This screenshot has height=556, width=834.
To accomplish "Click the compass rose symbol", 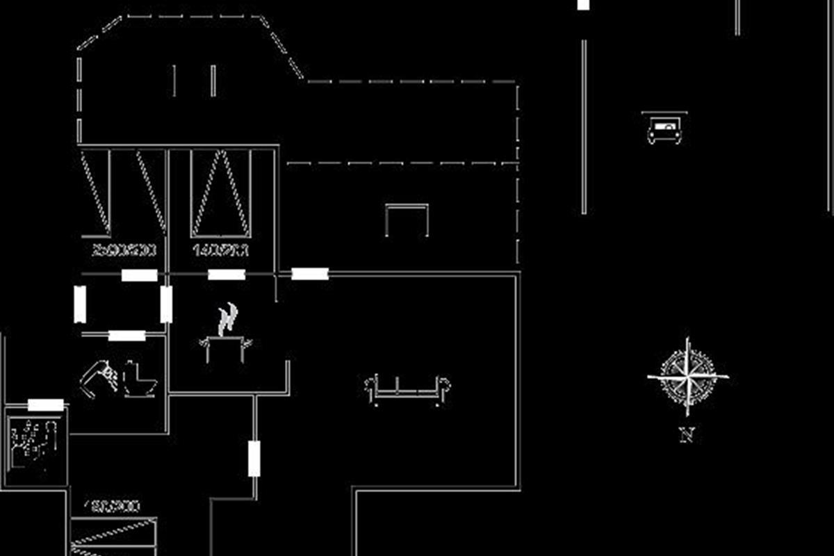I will [687, 377].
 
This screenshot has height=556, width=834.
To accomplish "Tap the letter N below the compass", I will [687, 436].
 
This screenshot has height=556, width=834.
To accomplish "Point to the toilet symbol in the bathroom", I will [139, 379].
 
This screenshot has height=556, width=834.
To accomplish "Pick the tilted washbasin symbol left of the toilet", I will [99, 378].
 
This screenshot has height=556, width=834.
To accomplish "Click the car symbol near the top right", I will [664, 129].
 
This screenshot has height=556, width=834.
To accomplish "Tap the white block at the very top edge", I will [583, 5].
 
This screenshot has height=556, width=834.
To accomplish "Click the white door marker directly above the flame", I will [227, 275].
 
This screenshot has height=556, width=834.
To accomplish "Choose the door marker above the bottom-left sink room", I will [46, 405].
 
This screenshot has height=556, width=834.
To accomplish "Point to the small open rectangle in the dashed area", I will [407, 220].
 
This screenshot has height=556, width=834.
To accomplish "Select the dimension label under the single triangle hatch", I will [221, 250].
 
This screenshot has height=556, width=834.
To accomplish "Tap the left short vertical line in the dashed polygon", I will [174, 81].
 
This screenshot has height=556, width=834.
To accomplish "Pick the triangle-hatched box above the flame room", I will [221, 193].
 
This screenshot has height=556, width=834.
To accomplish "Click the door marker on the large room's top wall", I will [310, 274].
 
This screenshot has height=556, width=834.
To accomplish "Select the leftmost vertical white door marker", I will [80, 304].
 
